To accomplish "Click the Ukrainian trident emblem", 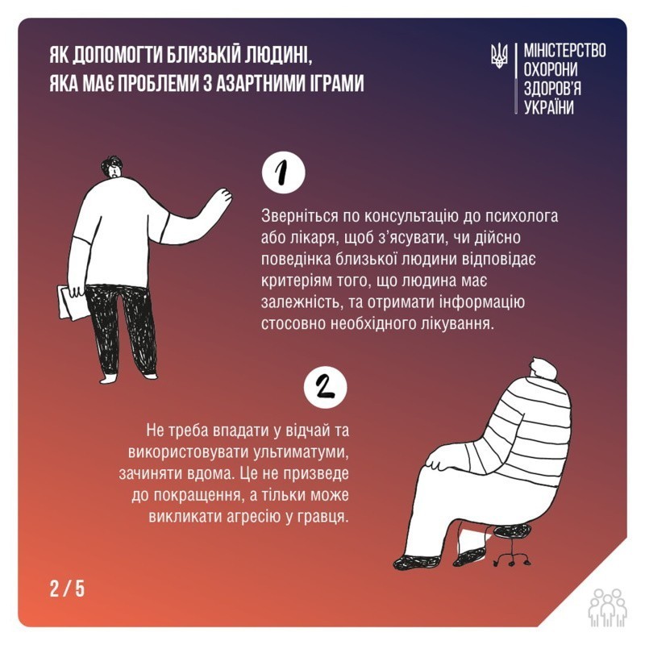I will [499, 56].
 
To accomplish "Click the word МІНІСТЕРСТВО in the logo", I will [564, 50].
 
